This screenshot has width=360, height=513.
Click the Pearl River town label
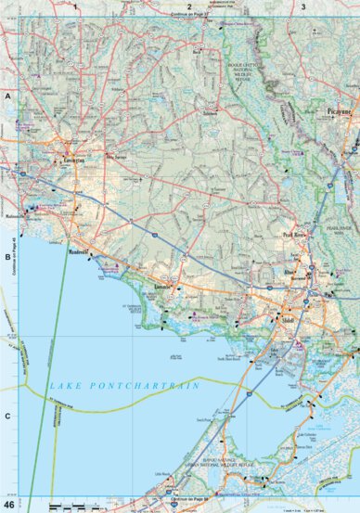295,236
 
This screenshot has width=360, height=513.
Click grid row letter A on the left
6,96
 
